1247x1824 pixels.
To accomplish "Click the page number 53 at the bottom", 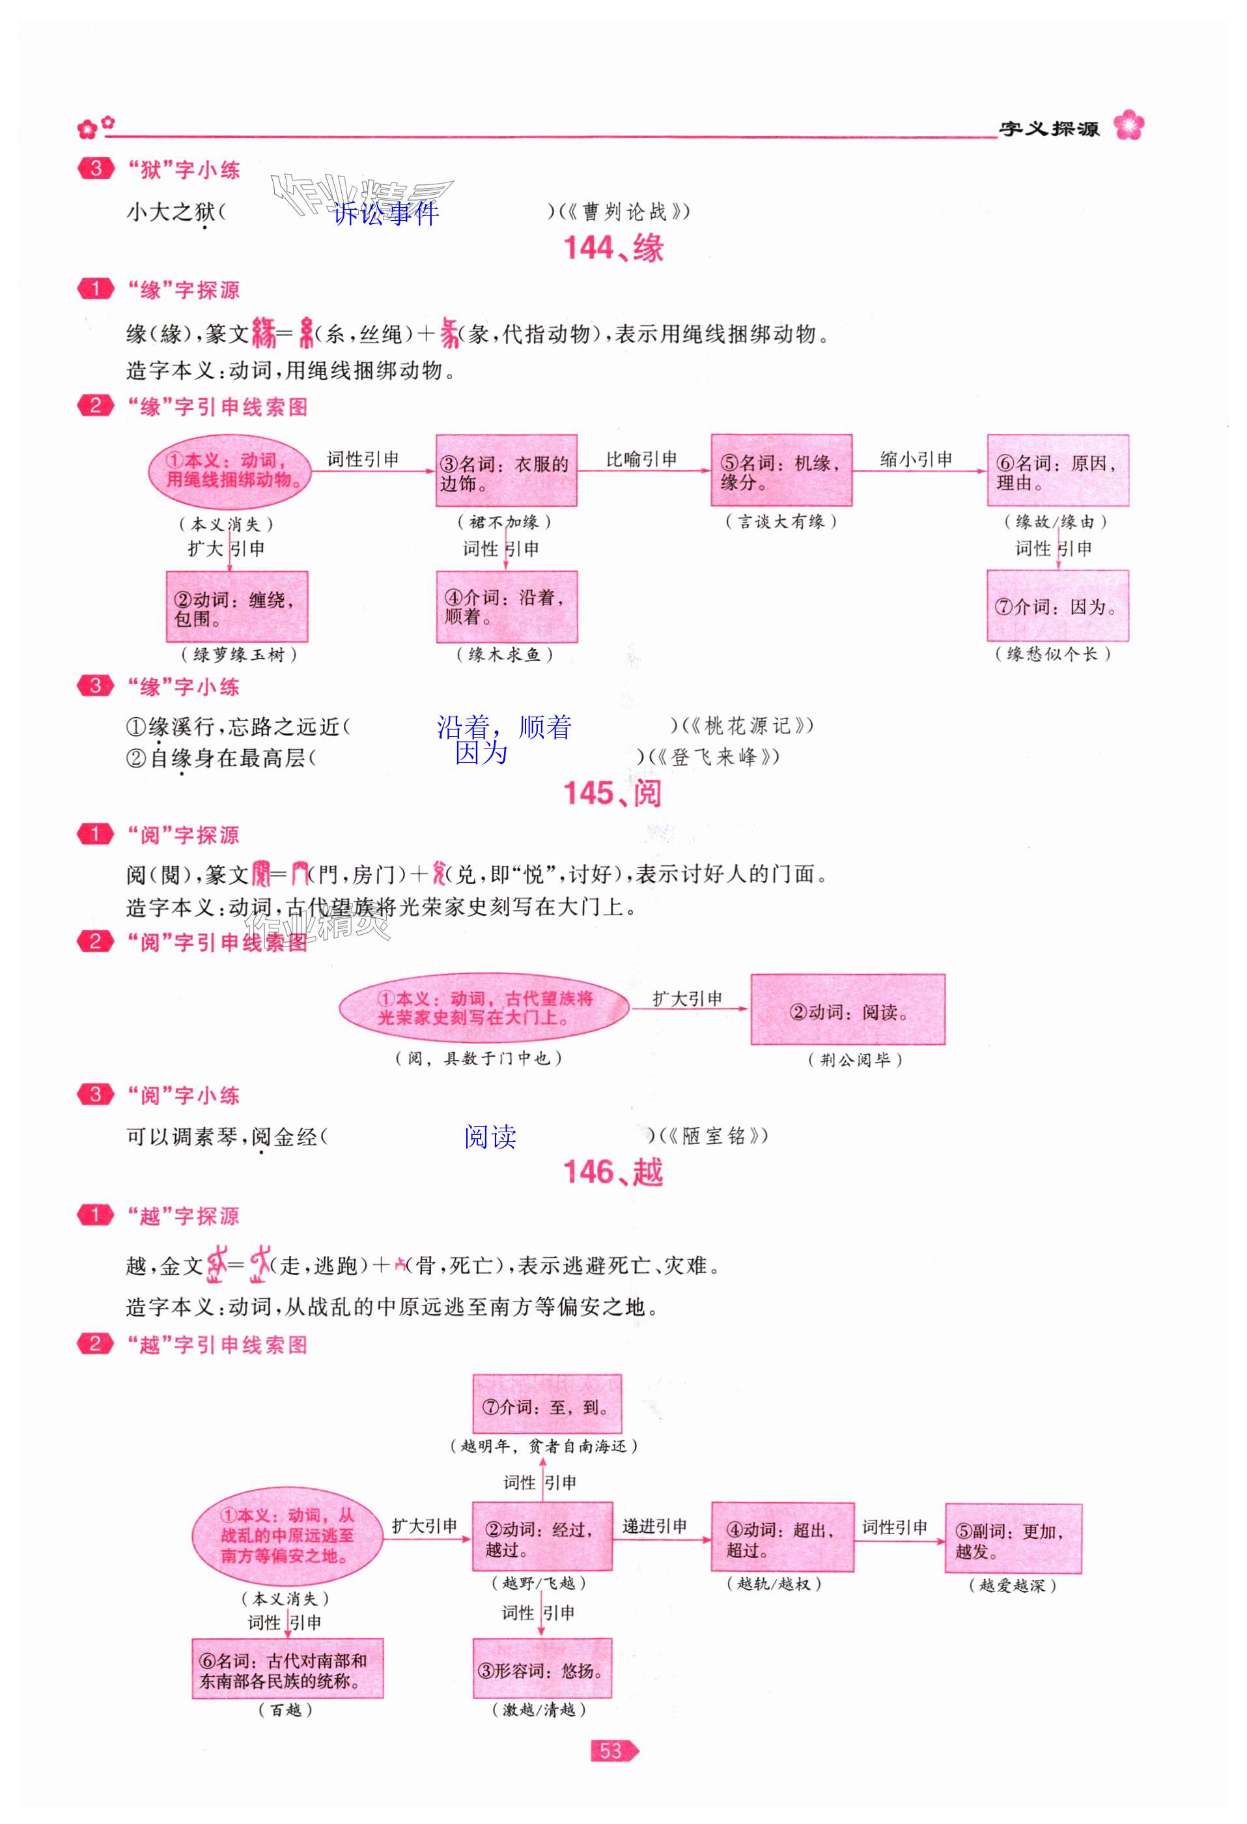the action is [x=611, y=1750].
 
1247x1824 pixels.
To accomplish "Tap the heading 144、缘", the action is [x=613, y=249].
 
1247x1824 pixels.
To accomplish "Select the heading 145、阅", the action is [x=612, y=793].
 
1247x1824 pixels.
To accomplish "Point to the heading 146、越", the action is [x=613, y=1173].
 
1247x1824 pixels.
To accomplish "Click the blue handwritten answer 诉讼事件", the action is [x=385, y=213].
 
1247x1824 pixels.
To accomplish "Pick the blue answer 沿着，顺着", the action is [x=504, y=728].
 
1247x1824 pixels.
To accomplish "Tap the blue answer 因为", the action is [x=481, y=754].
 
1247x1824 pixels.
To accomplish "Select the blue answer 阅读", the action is [x=490, y=1137].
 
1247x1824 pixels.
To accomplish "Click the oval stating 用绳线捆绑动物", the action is [x=229, y=471].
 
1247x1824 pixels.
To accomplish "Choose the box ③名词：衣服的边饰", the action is [x=506, y=471].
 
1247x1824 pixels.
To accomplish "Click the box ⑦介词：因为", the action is [x=1057, y=606].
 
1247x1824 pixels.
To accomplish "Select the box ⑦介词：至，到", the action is [x=546, y=1407].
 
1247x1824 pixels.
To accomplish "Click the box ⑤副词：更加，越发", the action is [x=1013, y=1539].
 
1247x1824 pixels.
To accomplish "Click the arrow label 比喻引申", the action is [x=641, y=459].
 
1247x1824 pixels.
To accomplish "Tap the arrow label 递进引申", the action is [x=654, y=1526].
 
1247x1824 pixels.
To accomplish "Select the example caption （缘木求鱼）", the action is [x=505, y=655].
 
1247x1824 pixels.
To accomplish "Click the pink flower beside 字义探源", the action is [x=1128, y=125].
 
